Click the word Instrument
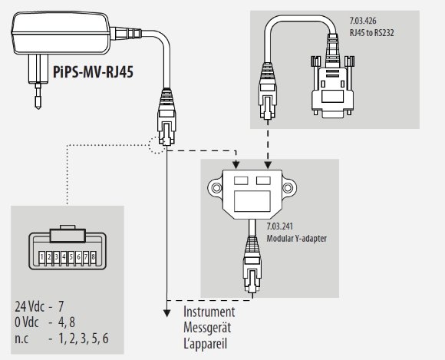tap(209, 312)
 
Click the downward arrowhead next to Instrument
tap(167, 312)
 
